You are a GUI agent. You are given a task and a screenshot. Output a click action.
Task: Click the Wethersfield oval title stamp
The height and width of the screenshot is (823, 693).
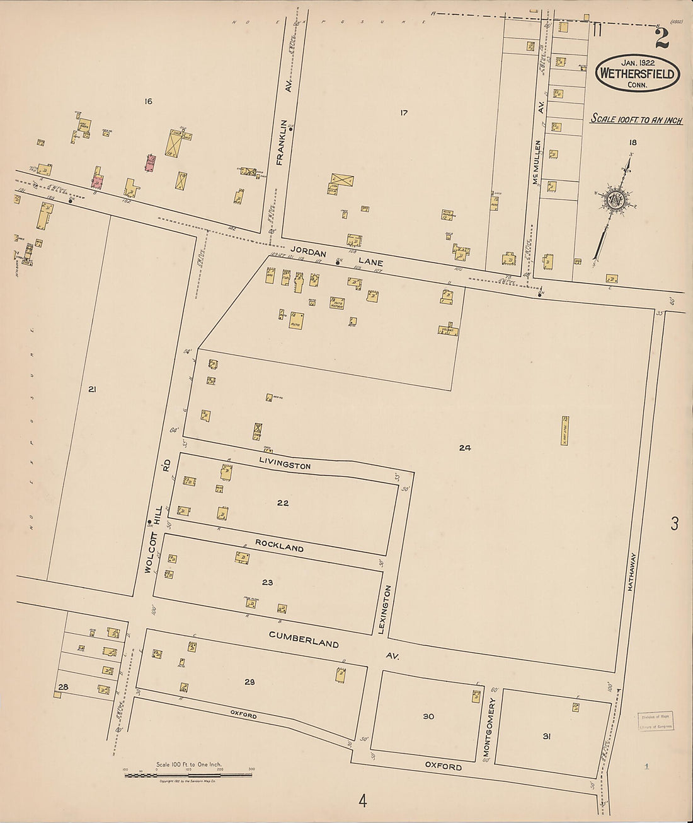coord(638,73)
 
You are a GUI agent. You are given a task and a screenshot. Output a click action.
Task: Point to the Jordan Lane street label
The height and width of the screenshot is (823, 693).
coord(336,255)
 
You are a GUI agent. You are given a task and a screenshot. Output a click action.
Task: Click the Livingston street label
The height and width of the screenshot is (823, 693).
coord(285,464)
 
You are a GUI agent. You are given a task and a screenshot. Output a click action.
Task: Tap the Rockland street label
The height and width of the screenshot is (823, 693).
coord(279,546)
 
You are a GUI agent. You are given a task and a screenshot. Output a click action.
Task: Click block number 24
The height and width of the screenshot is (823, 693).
coord(464,448)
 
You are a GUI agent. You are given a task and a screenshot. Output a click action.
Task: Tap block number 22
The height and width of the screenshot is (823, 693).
coord(283,503)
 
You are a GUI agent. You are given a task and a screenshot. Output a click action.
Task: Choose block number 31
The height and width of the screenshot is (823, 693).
coord(546,736)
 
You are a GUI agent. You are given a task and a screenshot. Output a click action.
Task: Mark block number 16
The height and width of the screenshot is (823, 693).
coord(149,102)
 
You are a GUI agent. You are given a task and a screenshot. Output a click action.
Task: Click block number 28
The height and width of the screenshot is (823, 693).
coord(62,687)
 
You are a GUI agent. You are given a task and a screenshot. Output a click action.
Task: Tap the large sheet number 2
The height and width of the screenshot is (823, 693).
coord(661,39)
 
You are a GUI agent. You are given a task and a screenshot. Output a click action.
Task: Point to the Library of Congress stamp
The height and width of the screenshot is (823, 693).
coord(655,721)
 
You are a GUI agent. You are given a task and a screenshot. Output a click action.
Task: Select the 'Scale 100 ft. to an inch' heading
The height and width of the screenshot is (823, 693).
coord(636,119)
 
